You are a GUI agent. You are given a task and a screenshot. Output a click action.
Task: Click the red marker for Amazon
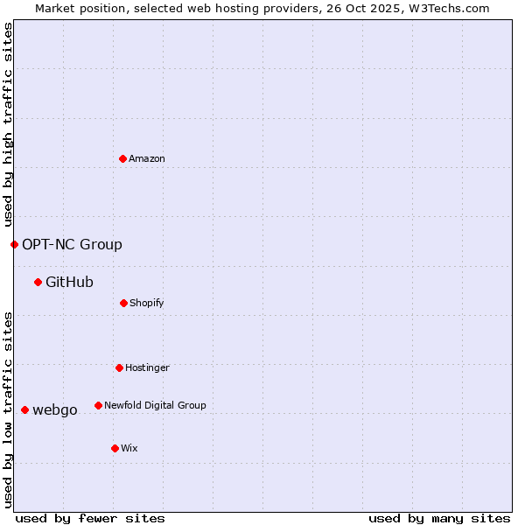[122, 158]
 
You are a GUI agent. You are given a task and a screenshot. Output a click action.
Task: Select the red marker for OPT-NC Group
[14, 244]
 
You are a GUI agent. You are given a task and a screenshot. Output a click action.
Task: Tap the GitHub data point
[38, 282]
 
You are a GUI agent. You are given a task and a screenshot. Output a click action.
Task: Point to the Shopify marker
[123, 303]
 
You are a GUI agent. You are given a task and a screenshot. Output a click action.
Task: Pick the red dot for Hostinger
[119, 367]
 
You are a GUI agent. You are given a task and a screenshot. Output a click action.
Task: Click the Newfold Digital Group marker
[98, 405]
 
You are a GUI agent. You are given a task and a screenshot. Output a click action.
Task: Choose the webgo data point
[24, 409]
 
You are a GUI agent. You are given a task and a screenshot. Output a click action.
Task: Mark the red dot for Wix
[115, 448]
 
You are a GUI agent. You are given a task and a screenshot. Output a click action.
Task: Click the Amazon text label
[147, 158]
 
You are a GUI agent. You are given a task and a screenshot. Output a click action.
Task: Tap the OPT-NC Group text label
[72, 244]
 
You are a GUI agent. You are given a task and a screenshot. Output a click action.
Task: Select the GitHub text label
[69, 282]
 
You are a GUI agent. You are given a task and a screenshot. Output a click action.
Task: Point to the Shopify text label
[147, 303]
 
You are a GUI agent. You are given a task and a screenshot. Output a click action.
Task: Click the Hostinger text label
[147, 367]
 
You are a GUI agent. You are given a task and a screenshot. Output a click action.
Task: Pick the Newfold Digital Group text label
[155, 405]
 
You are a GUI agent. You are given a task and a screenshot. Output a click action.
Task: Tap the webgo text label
[55, 409]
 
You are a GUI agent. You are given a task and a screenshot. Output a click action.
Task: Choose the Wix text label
[129, 448]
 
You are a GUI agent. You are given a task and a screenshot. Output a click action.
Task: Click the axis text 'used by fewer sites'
[90, 518]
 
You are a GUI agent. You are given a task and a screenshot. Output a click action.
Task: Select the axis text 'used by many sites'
[439, 518]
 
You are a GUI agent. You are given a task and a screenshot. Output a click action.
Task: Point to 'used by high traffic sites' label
[8, 124]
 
